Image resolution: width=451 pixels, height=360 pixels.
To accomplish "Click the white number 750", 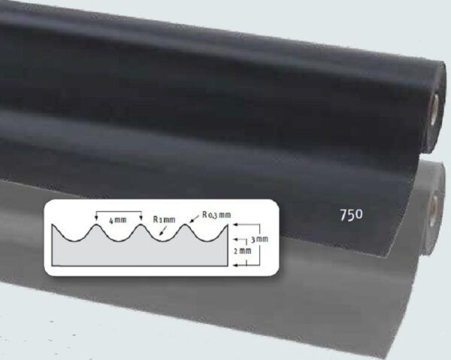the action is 351,215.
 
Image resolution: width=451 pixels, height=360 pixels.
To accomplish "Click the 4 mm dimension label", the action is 118,220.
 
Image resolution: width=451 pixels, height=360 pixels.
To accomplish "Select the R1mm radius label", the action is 164,219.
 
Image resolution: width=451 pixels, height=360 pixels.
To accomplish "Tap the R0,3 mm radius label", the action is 216,215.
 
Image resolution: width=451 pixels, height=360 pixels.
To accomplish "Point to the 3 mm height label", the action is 259,239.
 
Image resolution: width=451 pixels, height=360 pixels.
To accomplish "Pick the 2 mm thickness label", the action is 243,251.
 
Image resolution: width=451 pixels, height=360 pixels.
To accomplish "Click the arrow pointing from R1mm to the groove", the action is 163,231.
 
